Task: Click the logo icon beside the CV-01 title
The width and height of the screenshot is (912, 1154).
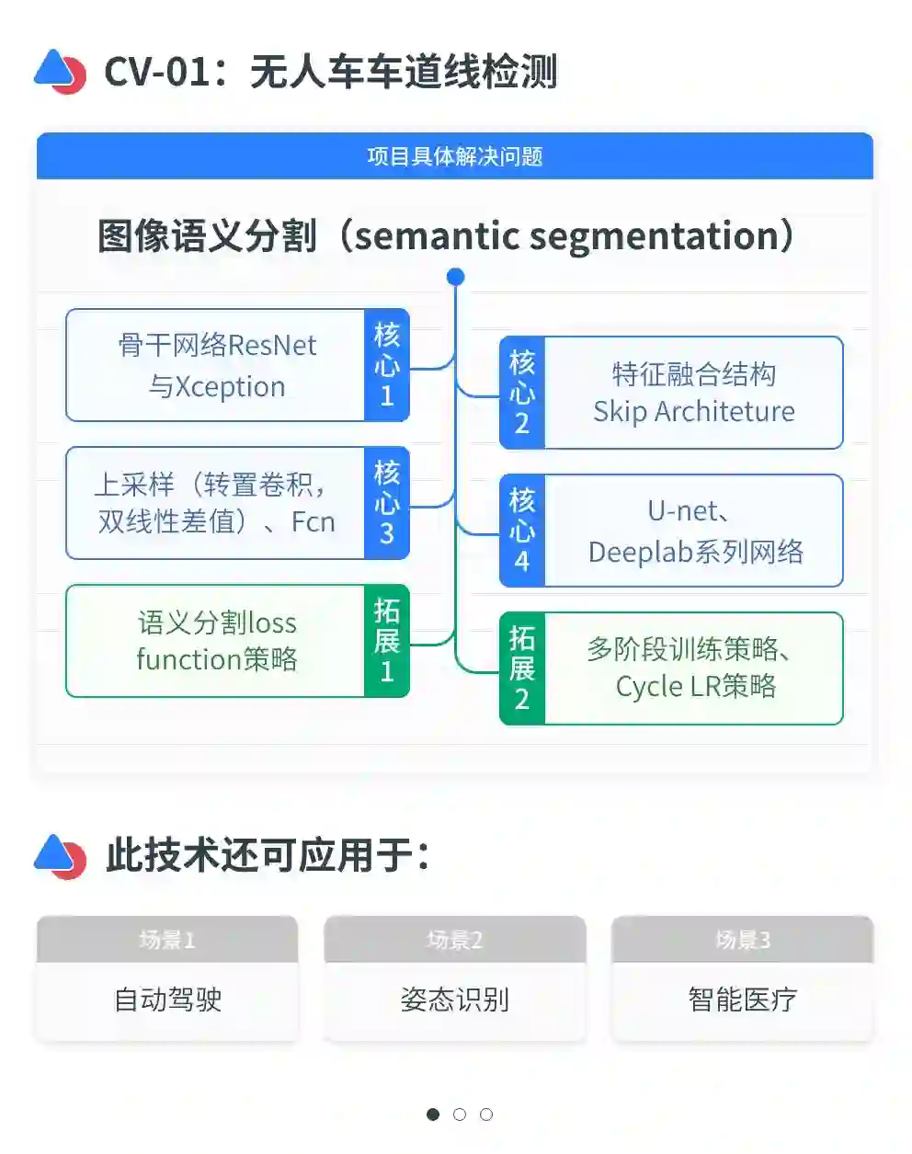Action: [60, 71]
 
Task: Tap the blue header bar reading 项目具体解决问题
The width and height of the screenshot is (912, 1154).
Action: [454, 156]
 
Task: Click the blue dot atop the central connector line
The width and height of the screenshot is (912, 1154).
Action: [455, 276]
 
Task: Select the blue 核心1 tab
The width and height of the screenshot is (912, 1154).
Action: [387, 365]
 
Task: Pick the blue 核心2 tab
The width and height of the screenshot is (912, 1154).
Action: [521, 393]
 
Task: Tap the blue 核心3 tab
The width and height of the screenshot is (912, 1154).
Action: [387, 503]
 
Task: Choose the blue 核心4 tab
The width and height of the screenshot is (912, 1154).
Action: [521, 531]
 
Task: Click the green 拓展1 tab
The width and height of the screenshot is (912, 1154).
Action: [387, 641]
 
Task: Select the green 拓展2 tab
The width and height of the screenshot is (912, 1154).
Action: [521, 668]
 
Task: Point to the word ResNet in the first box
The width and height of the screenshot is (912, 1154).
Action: [272, 346]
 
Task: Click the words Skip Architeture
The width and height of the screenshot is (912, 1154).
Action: [693, 412]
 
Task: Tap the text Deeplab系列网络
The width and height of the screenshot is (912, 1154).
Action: [695, 552]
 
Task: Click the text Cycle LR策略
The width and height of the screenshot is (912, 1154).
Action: [695, 687]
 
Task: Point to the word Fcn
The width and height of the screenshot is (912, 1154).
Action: [313, 522]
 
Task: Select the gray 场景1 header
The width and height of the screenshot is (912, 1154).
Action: [167, 940]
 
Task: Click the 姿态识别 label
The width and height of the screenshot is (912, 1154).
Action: [454, 1000]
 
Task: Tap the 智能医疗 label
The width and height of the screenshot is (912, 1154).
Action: [742, 1000]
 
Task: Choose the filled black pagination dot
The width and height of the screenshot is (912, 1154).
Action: [433, 1114]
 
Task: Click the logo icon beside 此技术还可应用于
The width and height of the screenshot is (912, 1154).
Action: [60, 856]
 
